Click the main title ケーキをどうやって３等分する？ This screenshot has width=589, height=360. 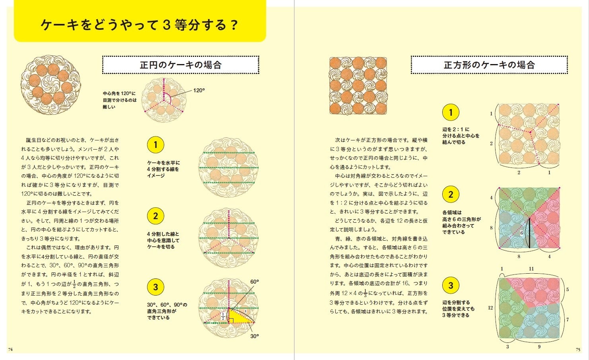tap(139, 25)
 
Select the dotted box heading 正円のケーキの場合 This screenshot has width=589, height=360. tap(181, 65)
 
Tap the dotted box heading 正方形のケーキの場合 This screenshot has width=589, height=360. tap(489, 65)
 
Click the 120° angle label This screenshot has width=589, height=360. tap(199, 91)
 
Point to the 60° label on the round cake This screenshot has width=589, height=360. tap(255, 282)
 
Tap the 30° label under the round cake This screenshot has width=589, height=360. tap(255, 336)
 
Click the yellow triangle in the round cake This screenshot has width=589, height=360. tap(239, 317)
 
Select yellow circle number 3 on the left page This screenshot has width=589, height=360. tap(156, 287)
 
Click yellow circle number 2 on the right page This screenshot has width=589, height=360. tap(451, 195)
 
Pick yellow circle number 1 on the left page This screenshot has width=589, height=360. tap(156, 145)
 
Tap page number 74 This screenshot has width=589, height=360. tap(10, 350)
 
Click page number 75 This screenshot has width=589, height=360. tap(578, 350)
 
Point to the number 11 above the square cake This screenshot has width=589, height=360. tap(531, 269)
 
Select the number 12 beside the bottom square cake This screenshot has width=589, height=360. tap(490, 308)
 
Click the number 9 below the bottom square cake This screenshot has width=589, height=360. tap(539, 347)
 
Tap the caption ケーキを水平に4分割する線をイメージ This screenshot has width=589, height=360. tap(163, 169)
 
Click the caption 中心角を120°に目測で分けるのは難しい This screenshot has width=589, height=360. tap(119, 100)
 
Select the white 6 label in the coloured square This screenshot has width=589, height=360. tap(521, 233)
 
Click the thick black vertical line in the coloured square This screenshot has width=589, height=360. tap(529, 233)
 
